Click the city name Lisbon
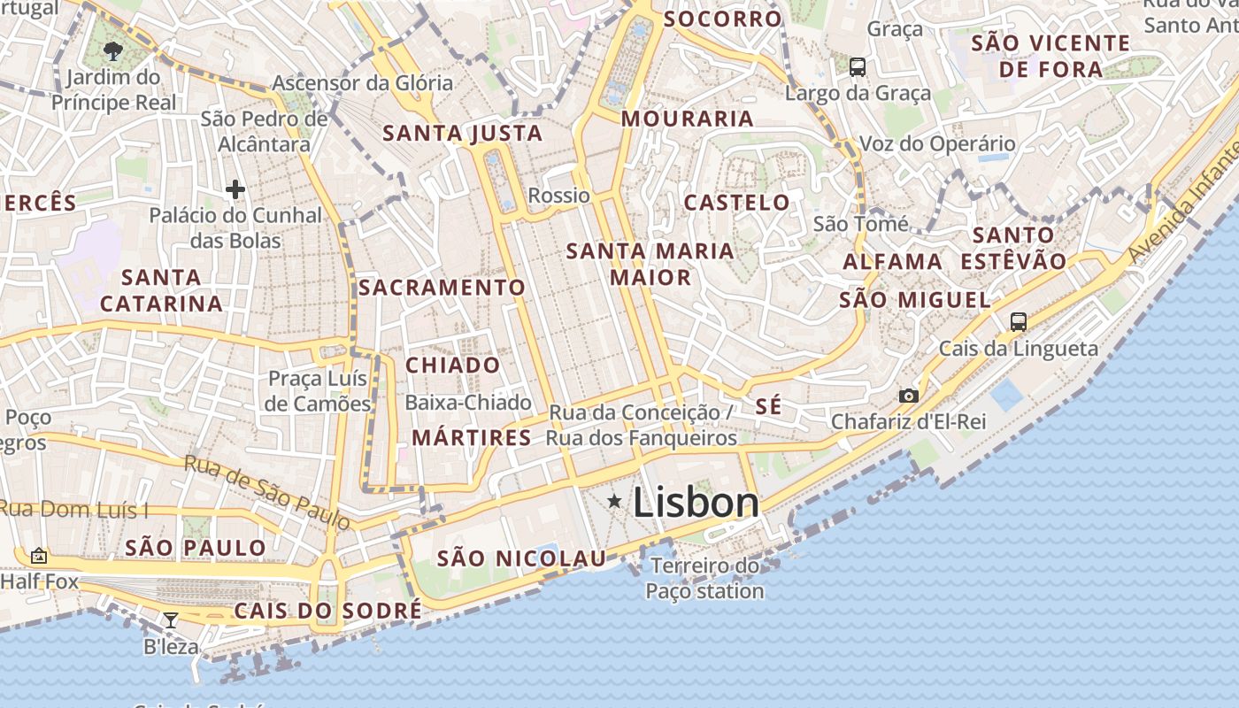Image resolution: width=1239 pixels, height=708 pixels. (x=696, y=503)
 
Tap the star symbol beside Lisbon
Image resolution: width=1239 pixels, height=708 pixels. (x=614, y=502)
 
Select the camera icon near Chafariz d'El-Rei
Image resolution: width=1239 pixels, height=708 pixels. (x=908, y=396)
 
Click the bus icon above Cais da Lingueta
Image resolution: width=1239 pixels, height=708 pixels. (x=1019, y=322)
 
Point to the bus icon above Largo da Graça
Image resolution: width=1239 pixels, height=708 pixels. (x=857, y=66)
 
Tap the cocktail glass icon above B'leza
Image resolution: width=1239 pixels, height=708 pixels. (x=171, y=619)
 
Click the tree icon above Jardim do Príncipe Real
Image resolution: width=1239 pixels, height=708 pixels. (x=112, y=50)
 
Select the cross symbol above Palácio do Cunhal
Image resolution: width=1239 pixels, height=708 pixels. (x=235, y=189)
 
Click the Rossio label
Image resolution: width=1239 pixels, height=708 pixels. (x=558, y=196)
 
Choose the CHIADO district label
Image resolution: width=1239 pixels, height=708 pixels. (x=452, y=365)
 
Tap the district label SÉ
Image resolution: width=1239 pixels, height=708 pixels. (x=769, y=406)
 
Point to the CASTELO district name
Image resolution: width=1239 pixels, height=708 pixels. (x=736, y=203)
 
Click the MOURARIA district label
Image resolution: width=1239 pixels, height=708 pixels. (x=687, y=119)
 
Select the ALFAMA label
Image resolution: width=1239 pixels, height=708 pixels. (x=892, y=262)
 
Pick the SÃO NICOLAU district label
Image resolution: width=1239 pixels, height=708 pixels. (x=521, y=558)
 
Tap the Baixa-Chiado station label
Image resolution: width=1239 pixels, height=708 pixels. (x=467, y=403)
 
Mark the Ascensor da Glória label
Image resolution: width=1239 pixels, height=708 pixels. (x=362, y=83)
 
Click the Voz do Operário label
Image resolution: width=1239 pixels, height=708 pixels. (x=937, y=143)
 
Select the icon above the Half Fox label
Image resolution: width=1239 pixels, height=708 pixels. (x=38, y=556)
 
